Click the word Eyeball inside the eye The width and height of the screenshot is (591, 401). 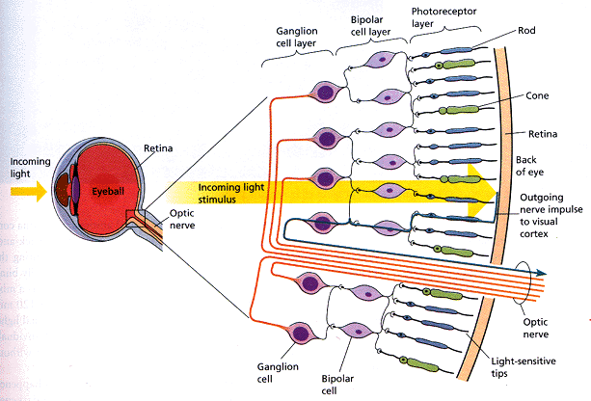[108, 192]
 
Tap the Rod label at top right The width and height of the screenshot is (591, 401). [526, 30]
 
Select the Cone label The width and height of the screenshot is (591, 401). [537, 95]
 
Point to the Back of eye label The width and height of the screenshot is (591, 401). [529, 166]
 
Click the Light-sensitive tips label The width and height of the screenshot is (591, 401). [524, 367]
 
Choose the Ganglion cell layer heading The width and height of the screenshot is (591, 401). [297, 37]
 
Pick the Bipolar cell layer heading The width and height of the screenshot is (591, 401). [370, 26]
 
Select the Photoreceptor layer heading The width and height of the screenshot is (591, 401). [443, 17]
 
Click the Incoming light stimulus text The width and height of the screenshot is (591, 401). [231, 193]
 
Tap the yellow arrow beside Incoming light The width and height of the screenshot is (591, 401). [29, 192]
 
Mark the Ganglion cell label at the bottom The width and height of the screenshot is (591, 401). [278, 372]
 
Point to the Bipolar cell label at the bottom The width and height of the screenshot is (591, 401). [337, 385]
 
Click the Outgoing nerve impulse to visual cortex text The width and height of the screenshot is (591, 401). [551, 216]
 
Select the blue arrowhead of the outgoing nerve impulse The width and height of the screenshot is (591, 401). [541, 273]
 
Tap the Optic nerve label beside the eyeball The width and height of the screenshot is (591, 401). [182, 219]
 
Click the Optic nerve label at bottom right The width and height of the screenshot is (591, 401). [536, 328]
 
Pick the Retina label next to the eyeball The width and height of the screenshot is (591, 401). [158, 148]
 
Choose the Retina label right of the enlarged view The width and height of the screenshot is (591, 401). [543, 134]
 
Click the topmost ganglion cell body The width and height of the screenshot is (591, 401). [326, 92]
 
